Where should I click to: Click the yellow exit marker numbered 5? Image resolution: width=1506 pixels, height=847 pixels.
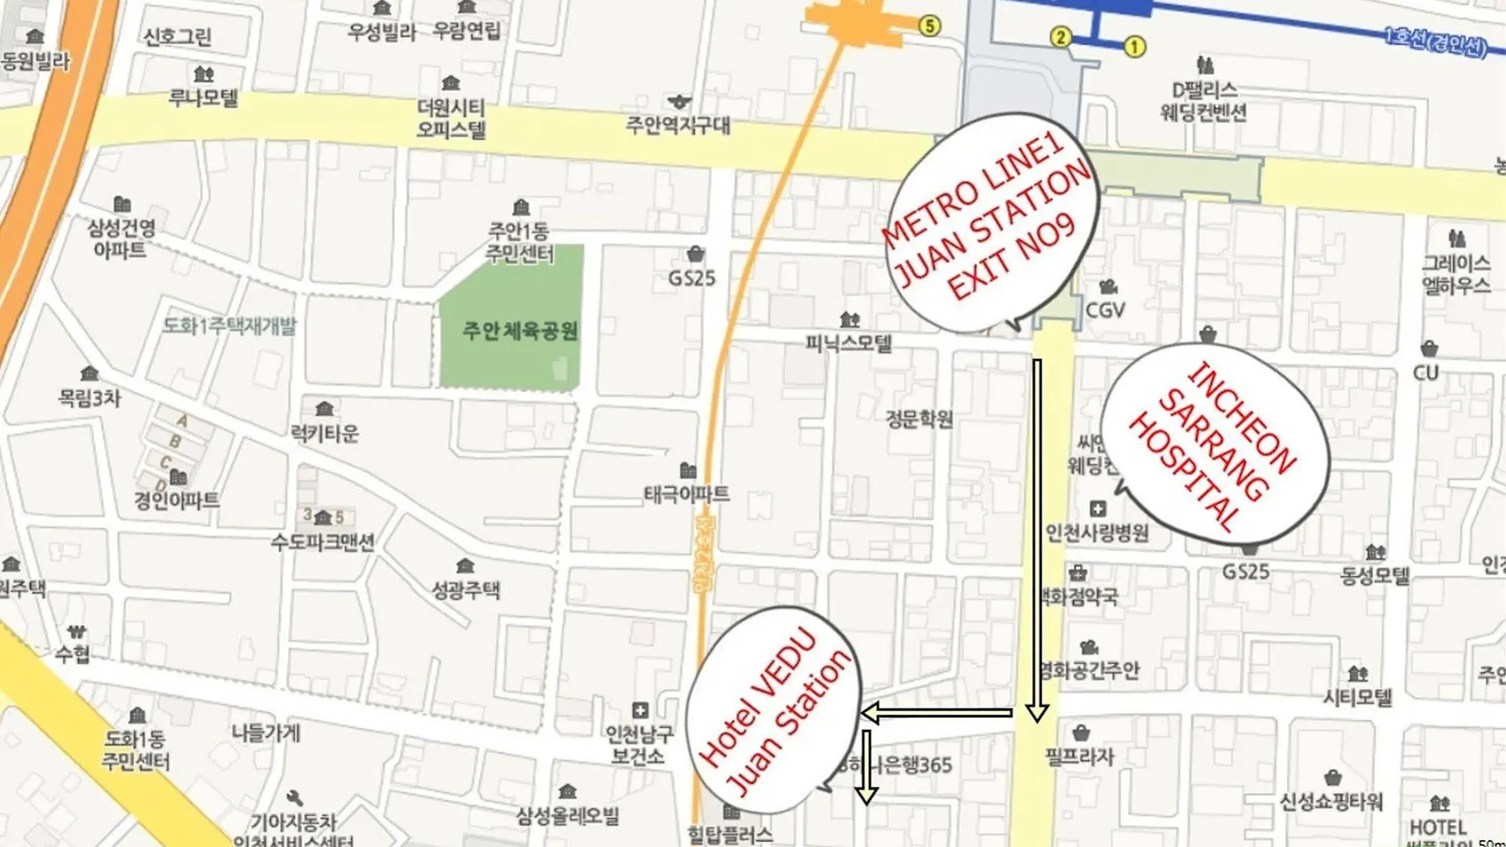pos(929,26)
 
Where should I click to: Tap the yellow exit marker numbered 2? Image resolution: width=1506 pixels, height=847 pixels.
pos(1060,37)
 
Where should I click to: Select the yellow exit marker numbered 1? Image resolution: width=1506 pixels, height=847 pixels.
pos(1134,47)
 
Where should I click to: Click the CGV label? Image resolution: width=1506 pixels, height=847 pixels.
pos(1104,310)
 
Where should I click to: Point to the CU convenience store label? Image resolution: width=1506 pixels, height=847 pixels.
pos(1426,372)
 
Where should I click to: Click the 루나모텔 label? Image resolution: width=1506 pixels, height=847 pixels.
pos(203,98)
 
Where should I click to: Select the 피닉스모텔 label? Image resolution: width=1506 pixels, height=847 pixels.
pos(849,343)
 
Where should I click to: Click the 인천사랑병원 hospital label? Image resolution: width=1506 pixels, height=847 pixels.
pos(1097,533)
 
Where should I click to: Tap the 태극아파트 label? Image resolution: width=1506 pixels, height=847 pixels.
pos(686,493)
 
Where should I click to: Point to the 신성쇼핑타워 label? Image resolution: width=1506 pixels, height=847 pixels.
pos(1331,802)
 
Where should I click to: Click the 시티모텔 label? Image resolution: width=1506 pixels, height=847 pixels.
pos(1358,696)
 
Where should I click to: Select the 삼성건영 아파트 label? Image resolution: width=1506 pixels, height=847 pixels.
pos(121,238)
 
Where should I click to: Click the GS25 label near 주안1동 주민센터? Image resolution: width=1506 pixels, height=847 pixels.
pos(692,278)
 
